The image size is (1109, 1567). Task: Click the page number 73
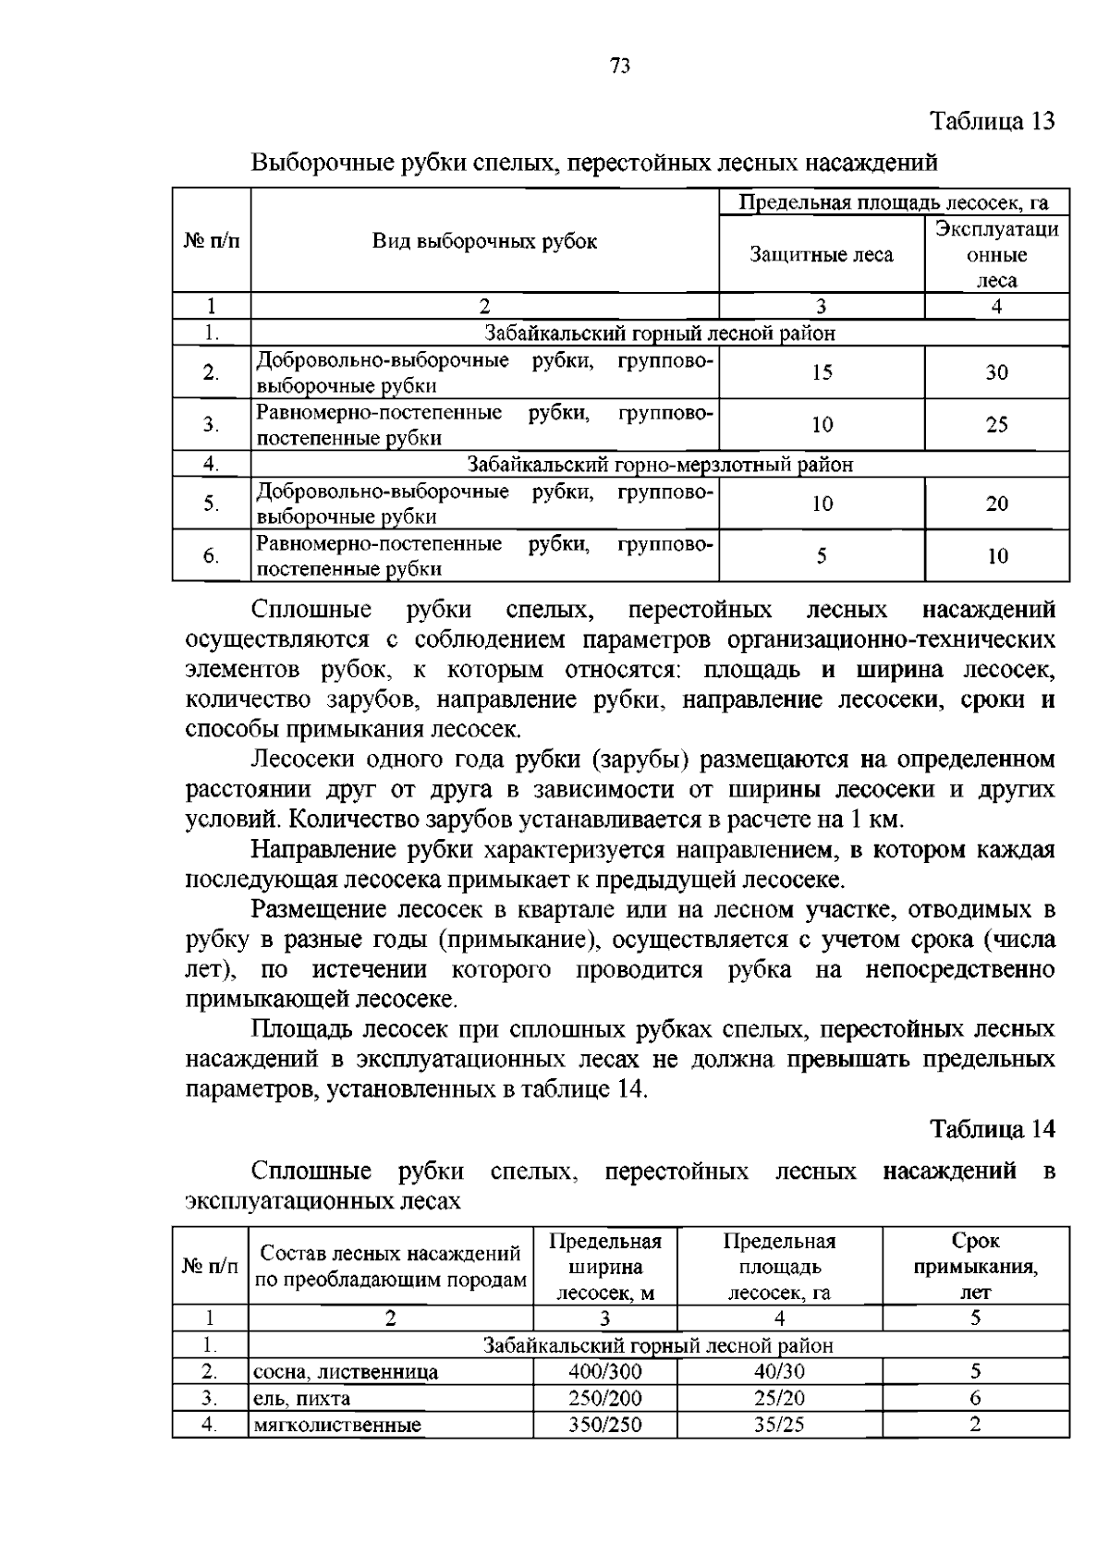tap(620, 66)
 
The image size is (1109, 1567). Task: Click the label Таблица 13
tap(991, 121)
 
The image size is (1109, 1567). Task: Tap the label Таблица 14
tap(991, 1129)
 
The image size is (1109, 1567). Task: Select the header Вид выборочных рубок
tap(484, 242)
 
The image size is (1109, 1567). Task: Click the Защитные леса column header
tap(821, 254)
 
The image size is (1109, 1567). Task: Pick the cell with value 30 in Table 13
tap(996, 372)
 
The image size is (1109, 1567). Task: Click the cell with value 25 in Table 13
tap(996, 425)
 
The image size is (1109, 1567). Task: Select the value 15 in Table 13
tap(822, 372)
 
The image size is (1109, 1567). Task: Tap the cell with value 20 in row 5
tap(996, 504)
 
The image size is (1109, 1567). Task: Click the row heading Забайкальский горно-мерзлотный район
tap(660, 465)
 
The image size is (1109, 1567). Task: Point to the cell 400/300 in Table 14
tap(604, 1371)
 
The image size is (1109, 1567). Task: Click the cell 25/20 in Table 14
tap(779, 1398)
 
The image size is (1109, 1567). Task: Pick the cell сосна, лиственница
tap(346, 1372)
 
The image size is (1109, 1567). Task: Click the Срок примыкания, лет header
tap(975, 1267)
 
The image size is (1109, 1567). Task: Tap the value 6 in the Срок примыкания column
tap(975, 1398)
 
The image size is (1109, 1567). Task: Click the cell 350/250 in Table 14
tap(604, 1425)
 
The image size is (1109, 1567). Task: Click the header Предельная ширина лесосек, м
tap(604, 1267)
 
